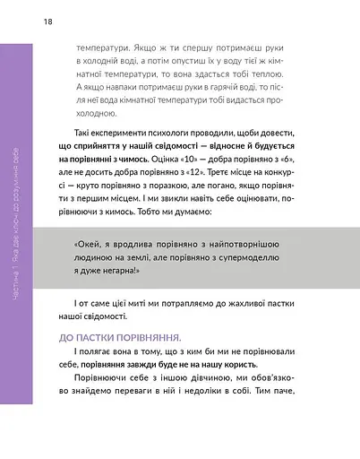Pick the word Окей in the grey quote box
(87, 246)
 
